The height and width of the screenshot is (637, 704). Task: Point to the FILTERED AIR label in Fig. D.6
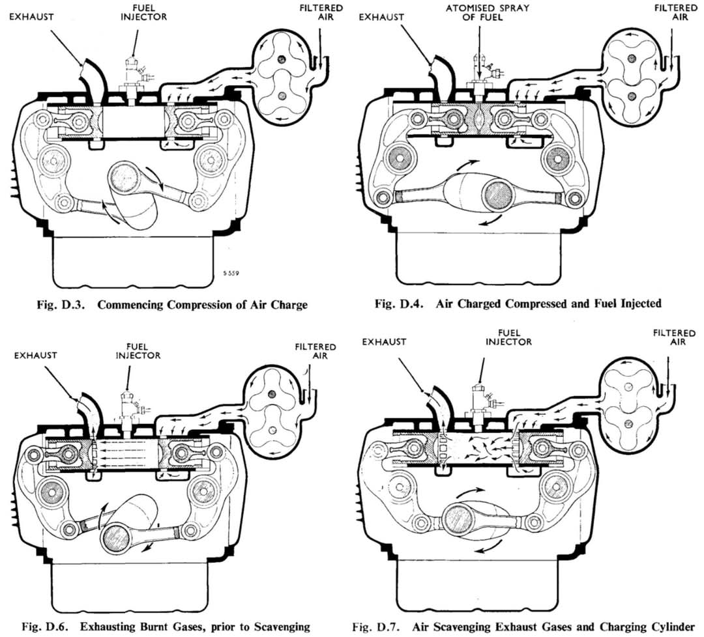click(x=315, y=352)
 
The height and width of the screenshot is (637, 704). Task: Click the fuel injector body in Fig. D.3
click(x=133, y=76)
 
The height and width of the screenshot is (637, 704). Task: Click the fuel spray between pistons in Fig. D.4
click(x=480, y=120)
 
